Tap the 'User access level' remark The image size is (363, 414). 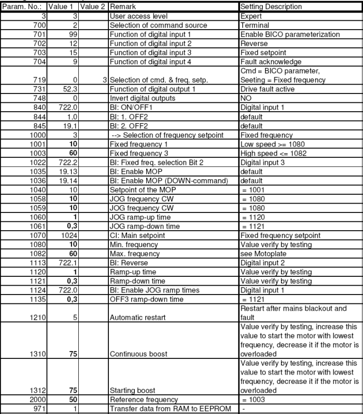[133, 16]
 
